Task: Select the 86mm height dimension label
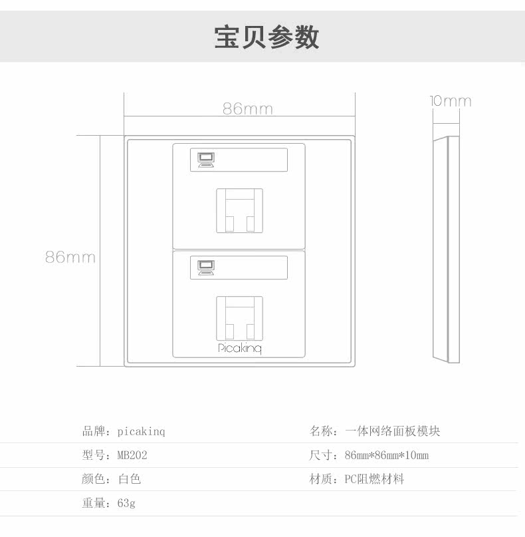[x=70, y=257]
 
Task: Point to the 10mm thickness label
[x=450, y=101]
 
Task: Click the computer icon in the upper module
[x=205, y=160]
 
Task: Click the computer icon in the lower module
[x=205, y=266]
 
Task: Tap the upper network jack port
[x=239, y=210]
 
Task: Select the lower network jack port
[x=239, y=318]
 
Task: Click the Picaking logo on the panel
[x=240, y=349]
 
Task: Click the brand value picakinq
[x=141, y=431]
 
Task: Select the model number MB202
[x=132, y=455]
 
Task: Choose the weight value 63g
[x=126, y=503]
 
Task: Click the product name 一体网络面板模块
[x=393, y=431]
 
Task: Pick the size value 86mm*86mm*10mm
[x=387, y=455]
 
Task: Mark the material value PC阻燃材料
[x=374, y=479]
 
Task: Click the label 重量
[x=92, y=503]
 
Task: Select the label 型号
[x=92, y=455]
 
